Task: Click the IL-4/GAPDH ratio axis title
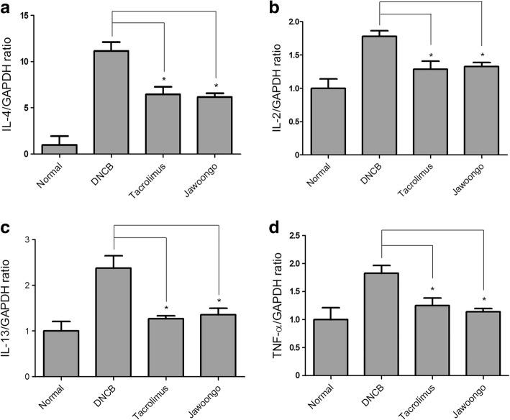[10, 83]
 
